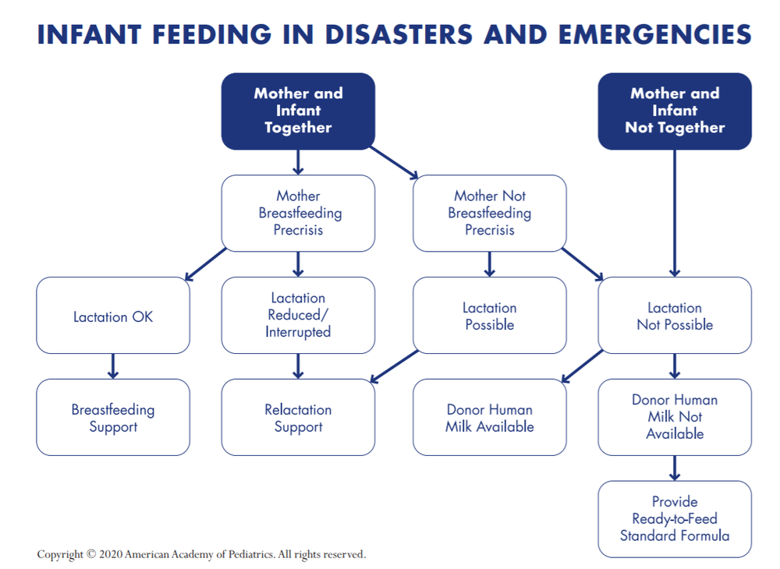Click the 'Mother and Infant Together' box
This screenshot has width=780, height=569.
coord(298,111)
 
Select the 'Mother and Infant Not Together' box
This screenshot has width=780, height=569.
coord(674,111)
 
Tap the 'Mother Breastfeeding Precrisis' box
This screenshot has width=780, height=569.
coord(298,213)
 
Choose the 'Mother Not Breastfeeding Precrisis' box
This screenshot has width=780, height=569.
coord(489,213)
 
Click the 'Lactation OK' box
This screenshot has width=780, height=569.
coord(112,316)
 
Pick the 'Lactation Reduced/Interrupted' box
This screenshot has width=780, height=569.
coord(298,316)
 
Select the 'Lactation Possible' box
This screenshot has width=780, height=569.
coord(489,316)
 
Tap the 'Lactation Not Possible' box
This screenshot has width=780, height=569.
coord(674,316)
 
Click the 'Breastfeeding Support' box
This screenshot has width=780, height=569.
coord(112,418)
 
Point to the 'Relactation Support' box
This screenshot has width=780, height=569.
coord(298,418)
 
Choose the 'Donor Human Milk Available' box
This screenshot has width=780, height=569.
coord(489,418)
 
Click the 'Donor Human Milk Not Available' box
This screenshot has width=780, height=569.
coord(674,417)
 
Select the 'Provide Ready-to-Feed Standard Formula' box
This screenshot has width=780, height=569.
coord(674,519)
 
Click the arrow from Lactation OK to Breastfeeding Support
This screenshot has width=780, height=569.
coord(113,366)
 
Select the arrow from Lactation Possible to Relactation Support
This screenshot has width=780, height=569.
coord(394,366)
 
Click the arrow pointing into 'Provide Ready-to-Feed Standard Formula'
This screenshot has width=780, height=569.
coord(675,468)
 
